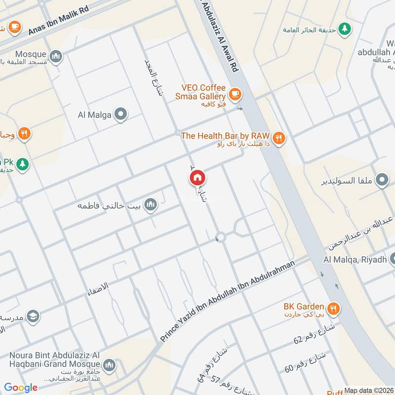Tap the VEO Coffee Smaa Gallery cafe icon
point(235,93)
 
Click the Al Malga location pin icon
point(120,115)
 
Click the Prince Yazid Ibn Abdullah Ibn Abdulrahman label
point(228,301)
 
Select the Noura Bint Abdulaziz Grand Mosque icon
point(109,365)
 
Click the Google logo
point(21,388)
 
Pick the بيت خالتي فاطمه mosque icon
point(151,204)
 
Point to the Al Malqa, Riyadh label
point(354,260)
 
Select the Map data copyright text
point(368,391)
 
